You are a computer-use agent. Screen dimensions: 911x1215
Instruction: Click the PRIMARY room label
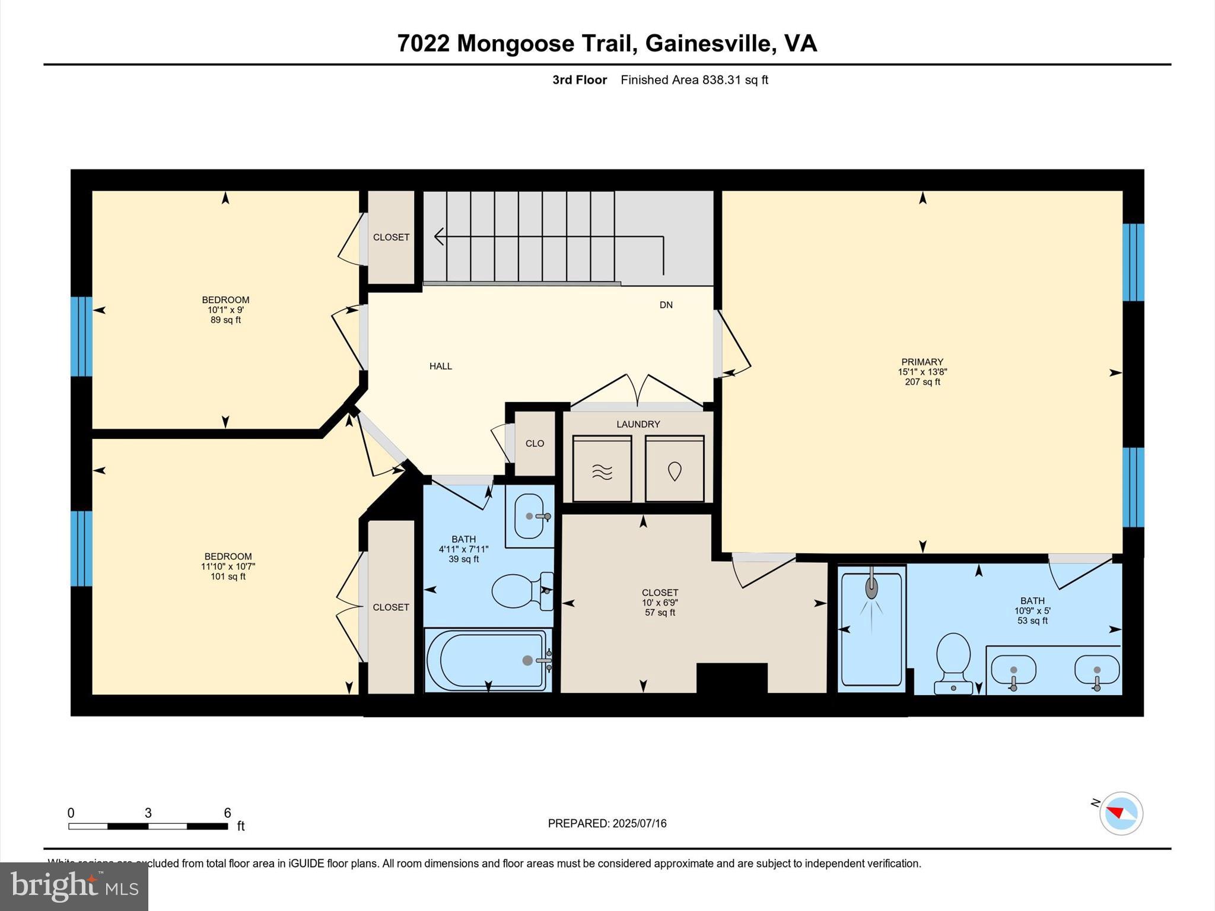point(922,362)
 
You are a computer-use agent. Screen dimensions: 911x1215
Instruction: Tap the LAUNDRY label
point(638,424)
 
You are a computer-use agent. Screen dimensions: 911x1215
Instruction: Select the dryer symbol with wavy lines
point(602,469)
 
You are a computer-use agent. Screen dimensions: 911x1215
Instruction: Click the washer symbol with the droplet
point(675,469)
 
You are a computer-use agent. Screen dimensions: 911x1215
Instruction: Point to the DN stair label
point(666,305)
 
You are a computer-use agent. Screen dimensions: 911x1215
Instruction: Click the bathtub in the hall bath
point(486,660)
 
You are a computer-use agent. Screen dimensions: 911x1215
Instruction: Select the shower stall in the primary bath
point(871,629)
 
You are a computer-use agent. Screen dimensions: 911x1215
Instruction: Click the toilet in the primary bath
point(953,661)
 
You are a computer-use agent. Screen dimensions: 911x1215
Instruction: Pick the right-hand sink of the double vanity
point(1096,670)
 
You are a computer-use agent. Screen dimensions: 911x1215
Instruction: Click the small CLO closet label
point(535,444)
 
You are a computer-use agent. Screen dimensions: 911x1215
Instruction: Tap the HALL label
point(440,367)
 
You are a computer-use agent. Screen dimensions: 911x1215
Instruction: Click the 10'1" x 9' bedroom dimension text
point(225,310)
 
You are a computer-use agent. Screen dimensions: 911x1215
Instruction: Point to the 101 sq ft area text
point(228,576)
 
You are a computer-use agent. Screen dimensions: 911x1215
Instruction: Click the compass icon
point(1121,813)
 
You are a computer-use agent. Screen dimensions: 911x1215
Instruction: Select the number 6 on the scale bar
point(227,813)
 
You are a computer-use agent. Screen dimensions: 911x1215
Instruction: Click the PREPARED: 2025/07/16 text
point(607,823)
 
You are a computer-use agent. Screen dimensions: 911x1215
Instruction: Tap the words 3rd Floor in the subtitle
point(579,80)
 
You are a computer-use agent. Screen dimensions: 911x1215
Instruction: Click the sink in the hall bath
point(530,515)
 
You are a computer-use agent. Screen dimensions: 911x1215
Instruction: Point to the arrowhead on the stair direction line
point(438,237)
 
